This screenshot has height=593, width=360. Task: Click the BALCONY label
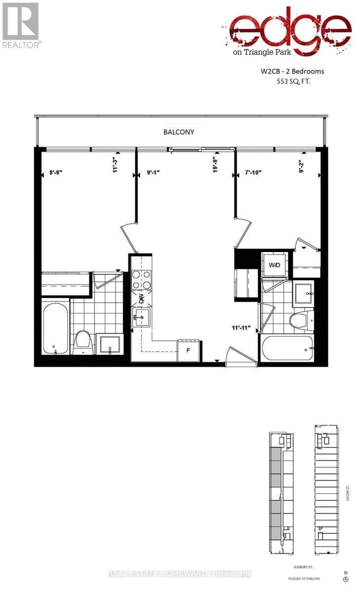tap(179, 132)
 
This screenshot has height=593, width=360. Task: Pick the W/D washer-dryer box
tap(274, 266)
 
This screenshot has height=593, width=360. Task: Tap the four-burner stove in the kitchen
tap(141, 280)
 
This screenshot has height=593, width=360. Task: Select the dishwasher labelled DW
tap(141, 298)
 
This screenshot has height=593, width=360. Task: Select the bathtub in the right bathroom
tap(288, 348)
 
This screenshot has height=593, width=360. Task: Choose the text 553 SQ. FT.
tap(297, 83)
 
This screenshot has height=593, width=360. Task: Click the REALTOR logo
tap(20, 25)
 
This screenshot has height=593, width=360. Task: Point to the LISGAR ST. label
tap(348, 494)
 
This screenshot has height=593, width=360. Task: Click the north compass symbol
tap(346, 579)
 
